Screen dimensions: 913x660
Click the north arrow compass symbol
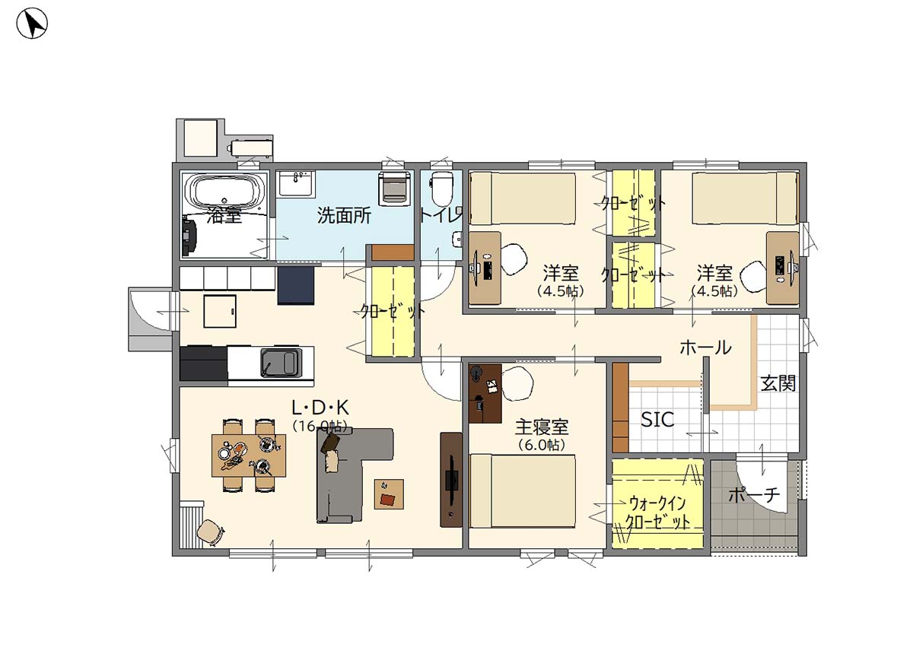coord(32,24)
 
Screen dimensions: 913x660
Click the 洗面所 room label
coord(344,215)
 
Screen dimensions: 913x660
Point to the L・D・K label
coord(320,407)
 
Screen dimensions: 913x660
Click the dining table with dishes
coord(249,455)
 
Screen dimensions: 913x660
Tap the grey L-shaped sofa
coord(350,475)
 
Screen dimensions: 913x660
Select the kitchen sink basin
coord(278,363)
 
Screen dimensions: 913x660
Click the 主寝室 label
coord(542,427)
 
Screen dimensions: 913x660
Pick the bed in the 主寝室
coord(522,491)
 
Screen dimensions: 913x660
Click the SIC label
coord(657,419)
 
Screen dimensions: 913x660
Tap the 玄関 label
coord(778,383)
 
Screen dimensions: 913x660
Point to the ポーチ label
coord(754,494)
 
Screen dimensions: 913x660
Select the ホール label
coord(705,348)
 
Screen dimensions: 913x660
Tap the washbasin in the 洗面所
coord(295,183)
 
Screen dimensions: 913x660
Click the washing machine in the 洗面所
coord(394,189)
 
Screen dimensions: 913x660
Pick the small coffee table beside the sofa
coord(389,493)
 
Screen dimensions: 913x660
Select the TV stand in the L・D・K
coord(451,480)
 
